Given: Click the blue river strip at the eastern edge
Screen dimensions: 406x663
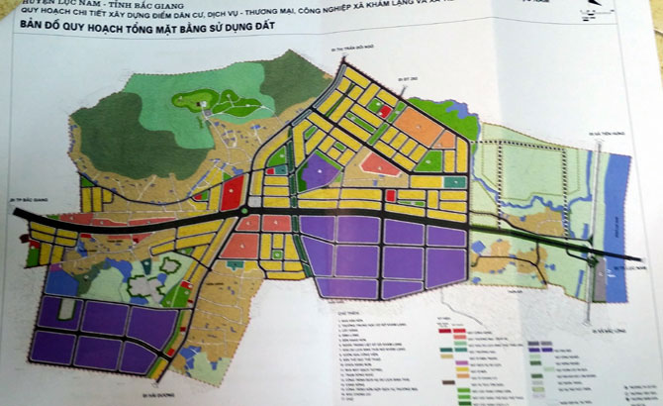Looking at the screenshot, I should click(x=615, y=198).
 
